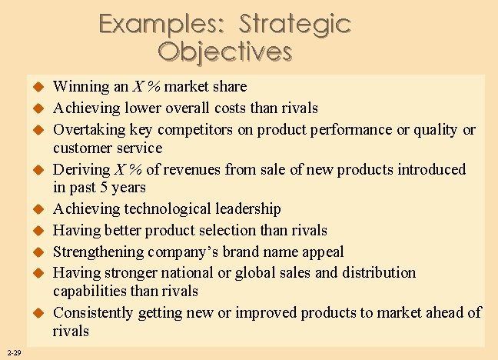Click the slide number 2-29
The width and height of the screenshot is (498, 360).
[x=12, y=353]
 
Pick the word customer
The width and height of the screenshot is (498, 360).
[x=81, y=148]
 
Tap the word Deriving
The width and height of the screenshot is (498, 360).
[x=80, y=169]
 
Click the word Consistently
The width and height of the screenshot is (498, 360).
[x=95, y=313]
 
